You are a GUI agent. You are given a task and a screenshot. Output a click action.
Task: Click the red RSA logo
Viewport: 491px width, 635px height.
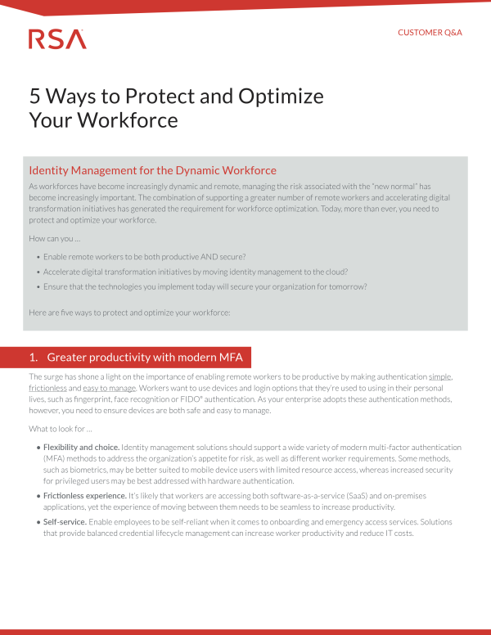click(57, 38)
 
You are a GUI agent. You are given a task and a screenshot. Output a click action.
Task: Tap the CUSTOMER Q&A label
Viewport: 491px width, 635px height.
click(430, 33)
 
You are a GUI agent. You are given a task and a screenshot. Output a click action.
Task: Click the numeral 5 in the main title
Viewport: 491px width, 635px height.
click(34, 96)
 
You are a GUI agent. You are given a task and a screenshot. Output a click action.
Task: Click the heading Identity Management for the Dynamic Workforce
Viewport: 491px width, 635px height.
click(152, 171)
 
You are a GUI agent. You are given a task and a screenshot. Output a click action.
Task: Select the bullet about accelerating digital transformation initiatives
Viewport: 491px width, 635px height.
click(195, 272)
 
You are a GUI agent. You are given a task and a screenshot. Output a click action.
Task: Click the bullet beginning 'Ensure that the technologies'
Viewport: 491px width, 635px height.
click(205, 286)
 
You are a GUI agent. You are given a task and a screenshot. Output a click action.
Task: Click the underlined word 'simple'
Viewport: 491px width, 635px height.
click(440, 376)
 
